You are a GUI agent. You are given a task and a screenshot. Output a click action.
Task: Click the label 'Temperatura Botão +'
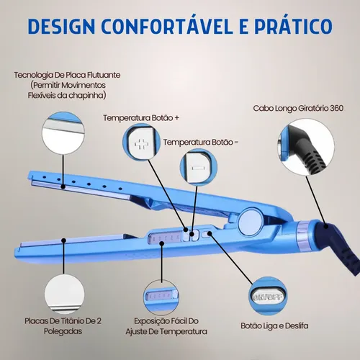point(141,118)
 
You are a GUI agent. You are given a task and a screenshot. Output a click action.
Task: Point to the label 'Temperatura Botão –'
point(201,142)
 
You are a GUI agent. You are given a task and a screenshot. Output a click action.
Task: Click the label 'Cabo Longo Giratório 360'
point(298,108)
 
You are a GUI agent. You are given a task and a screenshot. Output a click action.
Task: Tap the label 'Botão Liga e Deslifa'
point(274,325)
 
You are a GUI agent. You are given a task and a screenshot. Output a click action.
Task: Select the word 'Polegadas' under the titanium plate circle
point(63,331)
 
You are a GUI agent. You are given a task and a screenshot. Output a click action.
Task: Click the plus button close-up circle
point(142,142)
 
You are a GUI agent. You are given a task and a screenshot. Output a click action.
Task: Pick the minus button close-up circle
point(199,168)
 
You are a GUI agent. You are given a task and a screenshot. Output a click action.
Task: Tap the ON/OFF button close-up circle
point(268,296)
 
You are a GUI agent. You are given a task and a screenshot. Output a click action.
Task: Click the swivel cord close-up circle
point(306,147)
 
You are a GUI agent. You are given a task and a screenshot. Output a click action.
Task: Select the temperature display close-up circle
point(161,298)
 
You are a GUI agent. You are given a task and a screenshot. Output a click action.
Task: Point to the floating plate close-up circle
point(63,133)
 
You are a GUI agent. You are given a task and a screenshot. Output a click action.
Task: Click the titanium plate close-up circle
point(64,294)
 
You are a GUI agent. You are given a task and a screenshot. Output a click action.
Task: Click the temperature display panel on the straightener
point(164,238)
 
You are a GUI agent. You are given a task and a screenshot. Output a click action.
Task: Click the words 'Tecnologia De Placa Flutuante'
point(67,75)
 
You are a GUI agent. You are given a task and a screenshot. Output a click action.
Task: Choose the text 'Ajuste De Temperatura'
point(166,331)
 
